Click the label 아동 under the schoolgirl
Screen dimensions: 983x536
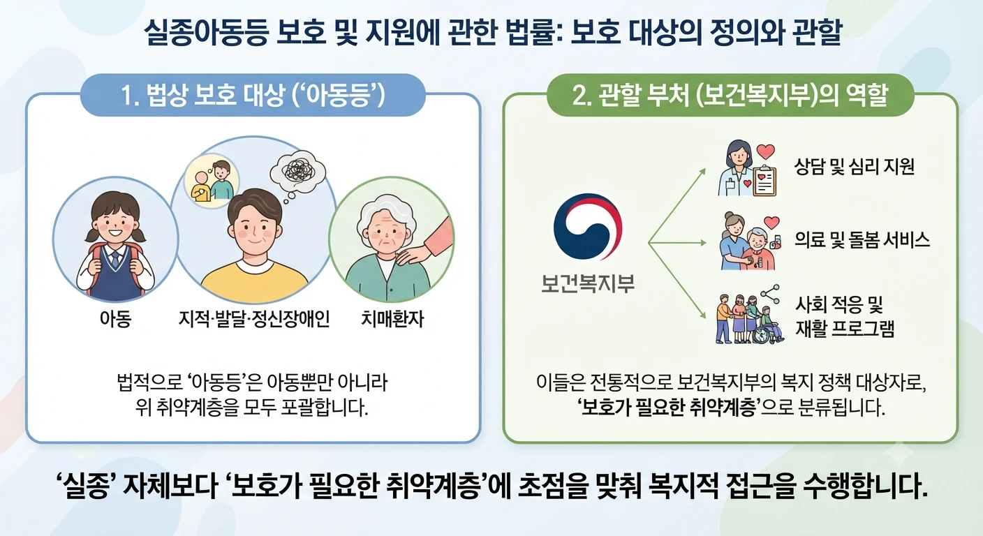click(x=115, y=319)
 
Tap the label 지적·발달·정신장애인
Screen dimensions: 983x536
click(x=254, y=319)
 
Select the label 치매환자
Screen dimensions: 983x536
click(x=392, y=319)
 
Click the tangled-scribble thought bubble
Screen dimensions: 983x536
click(x=298, y=172)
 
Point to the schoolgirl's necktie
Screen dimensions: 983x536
click(x=115, y=259)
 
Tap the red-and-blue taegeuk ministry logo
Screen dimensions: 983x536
click(x=588, y=227)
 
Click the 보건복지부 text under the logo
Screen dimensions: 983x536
click(x=588, y=283)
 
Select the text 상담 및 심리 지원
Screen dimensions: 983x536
click(x=855, y=167)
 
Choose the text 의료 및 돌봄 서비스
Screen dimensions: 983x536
click(x=862, y=240)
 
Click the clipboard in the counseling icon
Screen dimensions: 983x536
click(x=764, y=181)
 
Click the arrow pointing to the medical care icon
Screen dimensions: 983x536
click(x=677, y=243)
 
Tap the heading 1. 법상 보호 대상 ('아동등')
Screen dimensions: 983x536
click(x=253, y=95)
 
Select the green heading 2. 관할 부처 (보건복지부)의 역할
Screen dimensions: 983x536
click(x=730, y=95)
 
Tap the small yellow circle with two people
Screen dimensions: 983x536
click(x=212, y=181)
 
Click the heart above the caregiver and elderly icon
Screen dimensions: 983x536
click(x=771, y=223)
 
